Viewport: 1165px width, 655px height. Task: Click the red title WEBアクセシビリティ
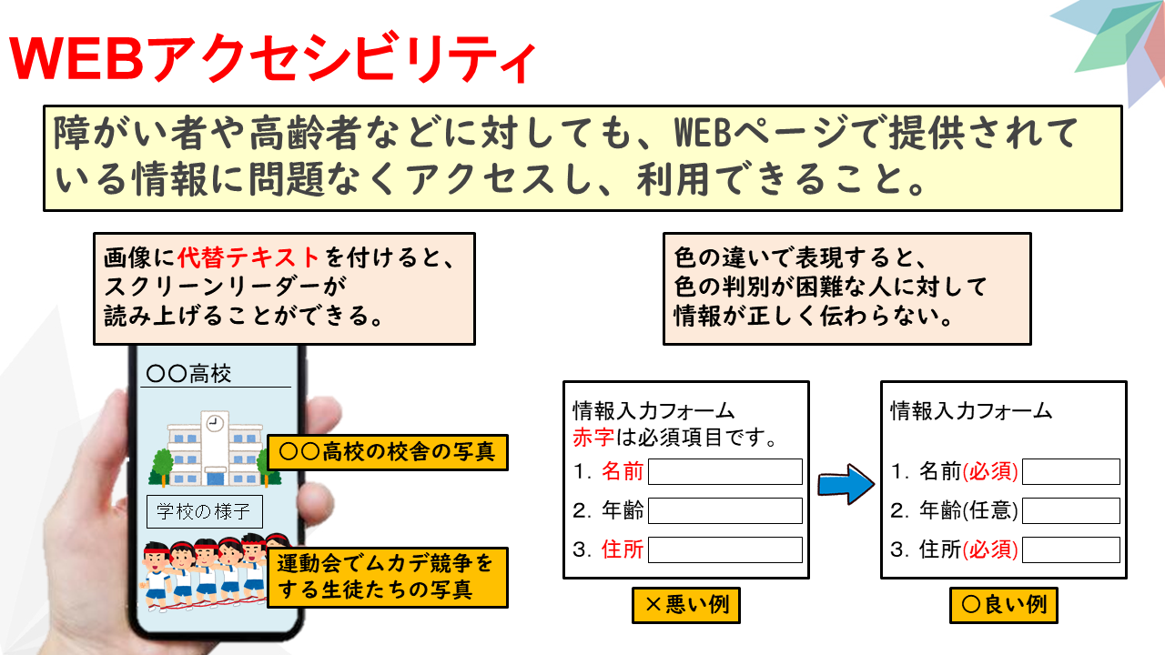coord(272,58)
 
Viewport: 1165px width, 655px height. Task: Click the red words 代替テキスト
coord(248,257)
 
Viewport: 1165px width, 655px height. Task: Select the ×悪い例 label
coord(686,605)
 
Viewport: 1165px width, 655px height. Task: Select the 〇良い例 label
coord(1004,605)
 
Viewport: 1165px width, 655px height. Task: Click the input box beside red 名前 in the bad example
coord(725,471)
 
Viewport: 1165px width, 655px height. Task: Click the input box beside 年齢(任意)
coord(1071,510)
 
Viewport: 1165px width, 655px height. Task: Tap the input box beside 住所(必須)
coord(1071,549)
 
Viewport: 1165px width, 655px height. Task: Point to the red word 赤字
coord(593,438)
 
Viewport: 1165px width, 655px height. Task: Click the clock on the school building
coord(214,423)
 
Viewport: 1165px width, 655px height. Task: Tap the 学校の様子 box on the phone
coord(205,511)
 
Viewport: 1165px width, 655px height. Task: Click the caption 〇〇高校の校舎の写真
coord(388,452)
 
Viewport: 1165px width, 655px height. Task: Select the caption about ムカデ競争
coord(388,577)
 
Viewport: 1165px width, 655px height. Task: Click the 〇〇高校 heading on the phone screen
coord(188,374)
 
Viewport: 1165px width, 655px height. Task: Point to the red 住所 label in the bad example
coord(623,549)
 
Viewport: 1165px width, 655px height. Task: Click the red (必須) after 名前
coord(990,471)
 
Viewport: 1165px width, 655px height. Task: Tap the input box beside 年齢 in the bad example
coord(725,510)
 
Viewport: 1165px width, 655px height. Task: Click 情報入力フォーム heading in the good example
coord(971,410)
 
